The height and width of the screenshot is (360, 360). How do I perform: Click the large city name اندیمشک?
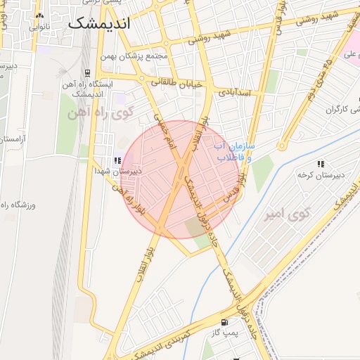100,22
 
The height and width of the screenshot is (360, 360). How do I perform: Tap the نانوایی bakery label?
39,27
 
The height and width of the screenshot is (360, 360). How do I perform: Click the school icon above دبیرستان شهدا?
117,160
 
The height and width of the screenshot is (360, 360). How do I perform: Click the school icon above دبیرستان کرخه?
321,164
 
